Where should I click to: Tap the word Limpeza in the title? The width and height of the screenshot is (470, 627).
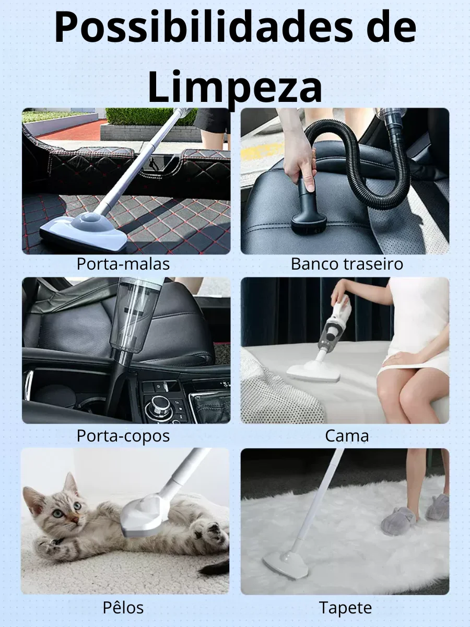click(235, 86)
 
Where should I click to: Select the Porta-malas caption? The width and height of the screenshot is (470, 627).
click(123, 264)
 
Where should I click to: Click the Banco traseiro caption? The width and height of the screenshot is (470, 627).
click(347, 264)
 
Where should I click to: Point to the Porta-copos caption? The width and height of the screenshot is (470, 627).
click(123, 436)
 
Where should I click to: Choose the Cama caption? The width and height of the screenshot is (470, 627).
click(347, 436)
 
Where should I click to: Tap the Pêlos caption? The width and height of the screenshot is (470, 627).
click(123, 608)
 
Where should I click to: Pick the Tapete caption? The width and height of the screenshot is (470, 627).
click(346, 608)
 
